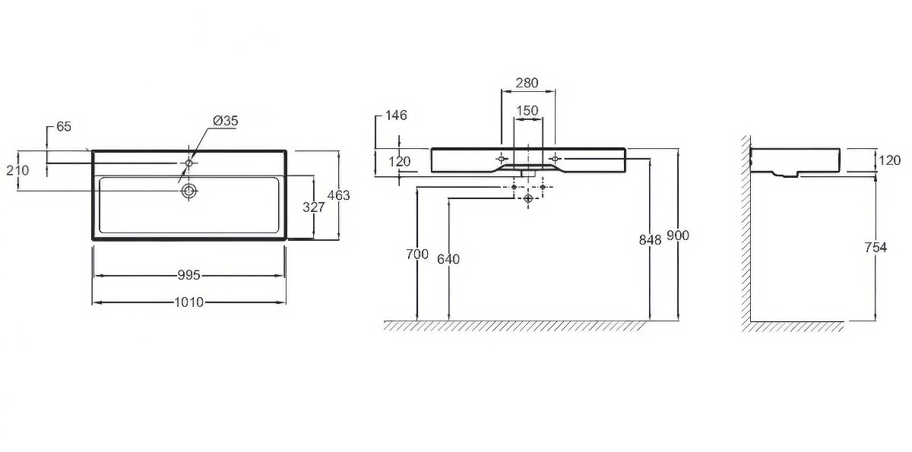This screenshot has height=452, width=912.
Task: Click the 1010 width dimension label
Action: (x=189, y=302)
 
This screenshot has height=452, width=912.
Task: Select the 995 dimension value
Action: (x=189, y=276)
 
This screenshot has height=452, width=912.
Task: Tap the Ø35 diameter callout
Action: (x=225, y=121)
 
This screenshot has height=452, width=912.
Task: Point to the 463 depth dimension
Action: (x=339, y=196)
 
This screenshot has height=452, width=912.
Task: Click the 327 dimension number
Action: (x=314, y=207)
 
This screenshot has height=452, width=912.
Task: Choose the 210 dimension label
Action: (x=18, y=170)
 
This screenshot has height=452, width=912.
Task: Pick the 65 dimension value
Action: (x=64, y=127)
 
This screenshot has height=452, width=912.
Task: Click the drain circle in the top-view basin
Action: (x=189, y=191)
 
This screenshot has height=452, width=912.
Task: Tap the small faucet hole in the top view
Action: (x=189, y=163)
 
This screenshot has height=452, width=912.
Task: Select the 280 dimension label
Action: (x=527, y=83)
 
